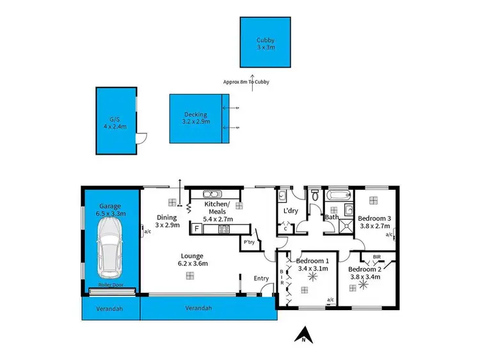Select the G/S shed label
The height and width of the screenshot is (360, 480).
click(x=115, y=123)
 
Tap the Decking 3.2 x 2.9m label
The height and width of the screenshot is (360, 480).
click(x=195, y=118)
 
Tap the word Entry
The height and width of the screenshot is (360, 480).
click(x=261, y=278)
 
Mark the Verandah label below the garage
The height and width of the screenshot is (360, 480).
click(x=110, y=308)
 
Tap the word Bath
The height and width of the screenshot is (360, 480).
click(x=332, y=217)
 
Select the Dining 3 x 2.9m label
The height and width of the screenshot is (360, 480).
click(x=166, y=221)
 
